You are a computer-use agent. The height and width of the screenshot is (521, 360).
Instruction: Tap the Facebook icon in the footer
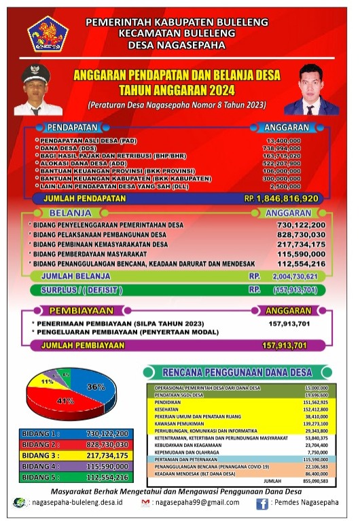tap(262, 503)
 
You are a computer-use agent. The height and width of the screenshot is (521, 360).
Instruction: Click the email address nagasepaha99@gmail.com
tap(197, 503)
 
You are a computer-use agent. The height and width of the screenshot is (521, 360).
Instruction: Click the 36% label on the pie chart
tap(96, 387)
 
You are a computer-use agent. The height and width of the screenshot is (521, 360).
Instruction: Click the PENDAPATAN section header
tap(73, 126)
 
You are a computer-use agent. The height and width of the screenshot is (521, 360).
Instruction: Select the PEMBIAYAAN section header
tap(73, 310)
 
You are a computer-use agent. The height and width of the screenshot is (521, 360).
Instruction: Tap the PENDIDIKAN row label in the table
tap(169, 401)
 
